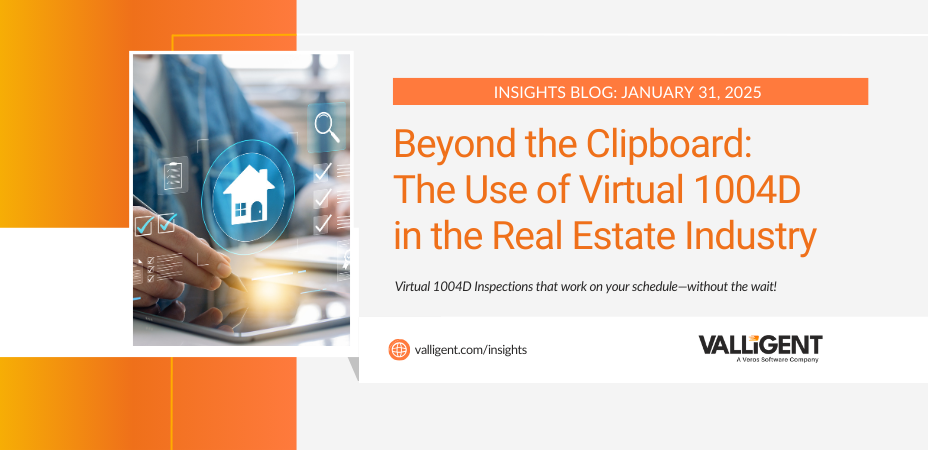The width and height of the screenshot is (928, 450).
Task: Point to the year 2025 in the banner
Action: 740,92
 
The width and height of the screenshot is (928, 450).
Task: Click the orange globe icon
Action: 399,349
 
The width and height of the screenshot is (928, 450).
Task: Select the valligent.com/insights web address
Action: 471,350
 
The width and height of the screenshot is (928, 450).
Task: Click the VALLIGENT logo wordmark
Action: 760,345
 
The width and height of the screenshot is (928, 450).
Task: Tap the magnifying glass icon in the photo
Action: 327,127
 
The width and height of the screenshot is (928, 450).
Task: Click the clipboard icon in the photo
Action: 173,173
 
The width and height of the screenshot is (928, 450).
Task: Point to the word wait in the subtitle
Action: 762,287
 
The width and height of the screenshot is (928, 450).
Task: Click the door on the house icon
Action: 257,210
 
